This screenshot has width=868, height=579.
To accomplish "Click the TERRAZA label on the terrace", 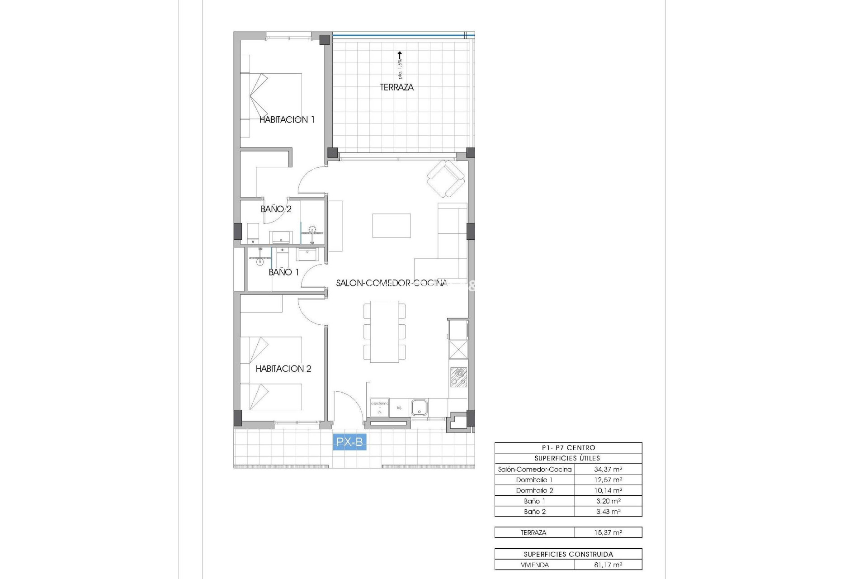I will pos(396,87).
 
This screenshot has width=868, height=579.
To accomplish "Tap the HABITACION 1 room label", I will pos(287,120).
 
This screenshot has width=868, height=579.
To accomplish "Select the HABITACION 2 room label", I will pos(283,369).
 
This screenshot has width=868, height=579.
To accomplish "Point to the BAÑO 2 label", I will pos(276,209).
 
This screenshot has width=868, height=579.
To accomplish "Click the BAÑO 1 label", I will pos(283,272).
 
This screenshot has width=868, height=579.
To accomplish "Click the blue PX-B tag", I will pos(349,442).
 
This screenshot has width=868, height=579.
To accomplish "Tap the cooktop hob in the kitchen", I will pos(458,377).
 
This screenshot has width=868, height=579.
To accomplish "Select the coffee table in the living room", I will pos(392,226).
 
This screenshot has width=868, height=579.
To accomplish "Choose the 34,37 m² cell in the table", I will pos(608,470).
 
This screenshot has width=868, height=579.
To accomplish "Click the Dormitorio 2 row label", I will pos(534,490).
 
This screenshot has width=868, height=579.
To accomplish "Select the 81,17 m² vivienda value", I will pos(608,565).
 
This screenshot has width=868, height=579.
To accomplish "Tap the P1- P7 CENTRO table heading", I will pos(568,448).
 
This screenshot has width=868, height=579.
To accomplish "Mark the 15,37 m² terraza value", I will pos(608,533).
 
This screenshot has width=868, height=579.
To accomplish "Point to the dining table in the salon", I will pos(384,332).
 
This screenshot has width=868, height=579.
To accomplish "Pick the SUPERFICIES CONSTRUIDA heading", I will pos(568,554).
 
